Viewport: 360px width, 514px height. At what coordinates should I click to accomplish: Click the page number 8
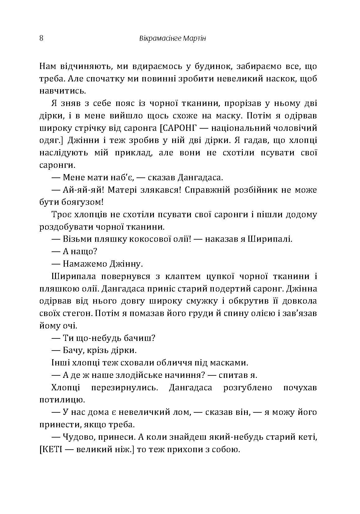41,39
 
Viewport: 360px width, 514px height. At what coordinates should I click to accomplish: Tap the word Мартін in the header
194,39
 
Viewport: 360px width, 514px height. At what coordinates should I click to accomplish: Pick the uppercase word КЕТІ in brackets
53,449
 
